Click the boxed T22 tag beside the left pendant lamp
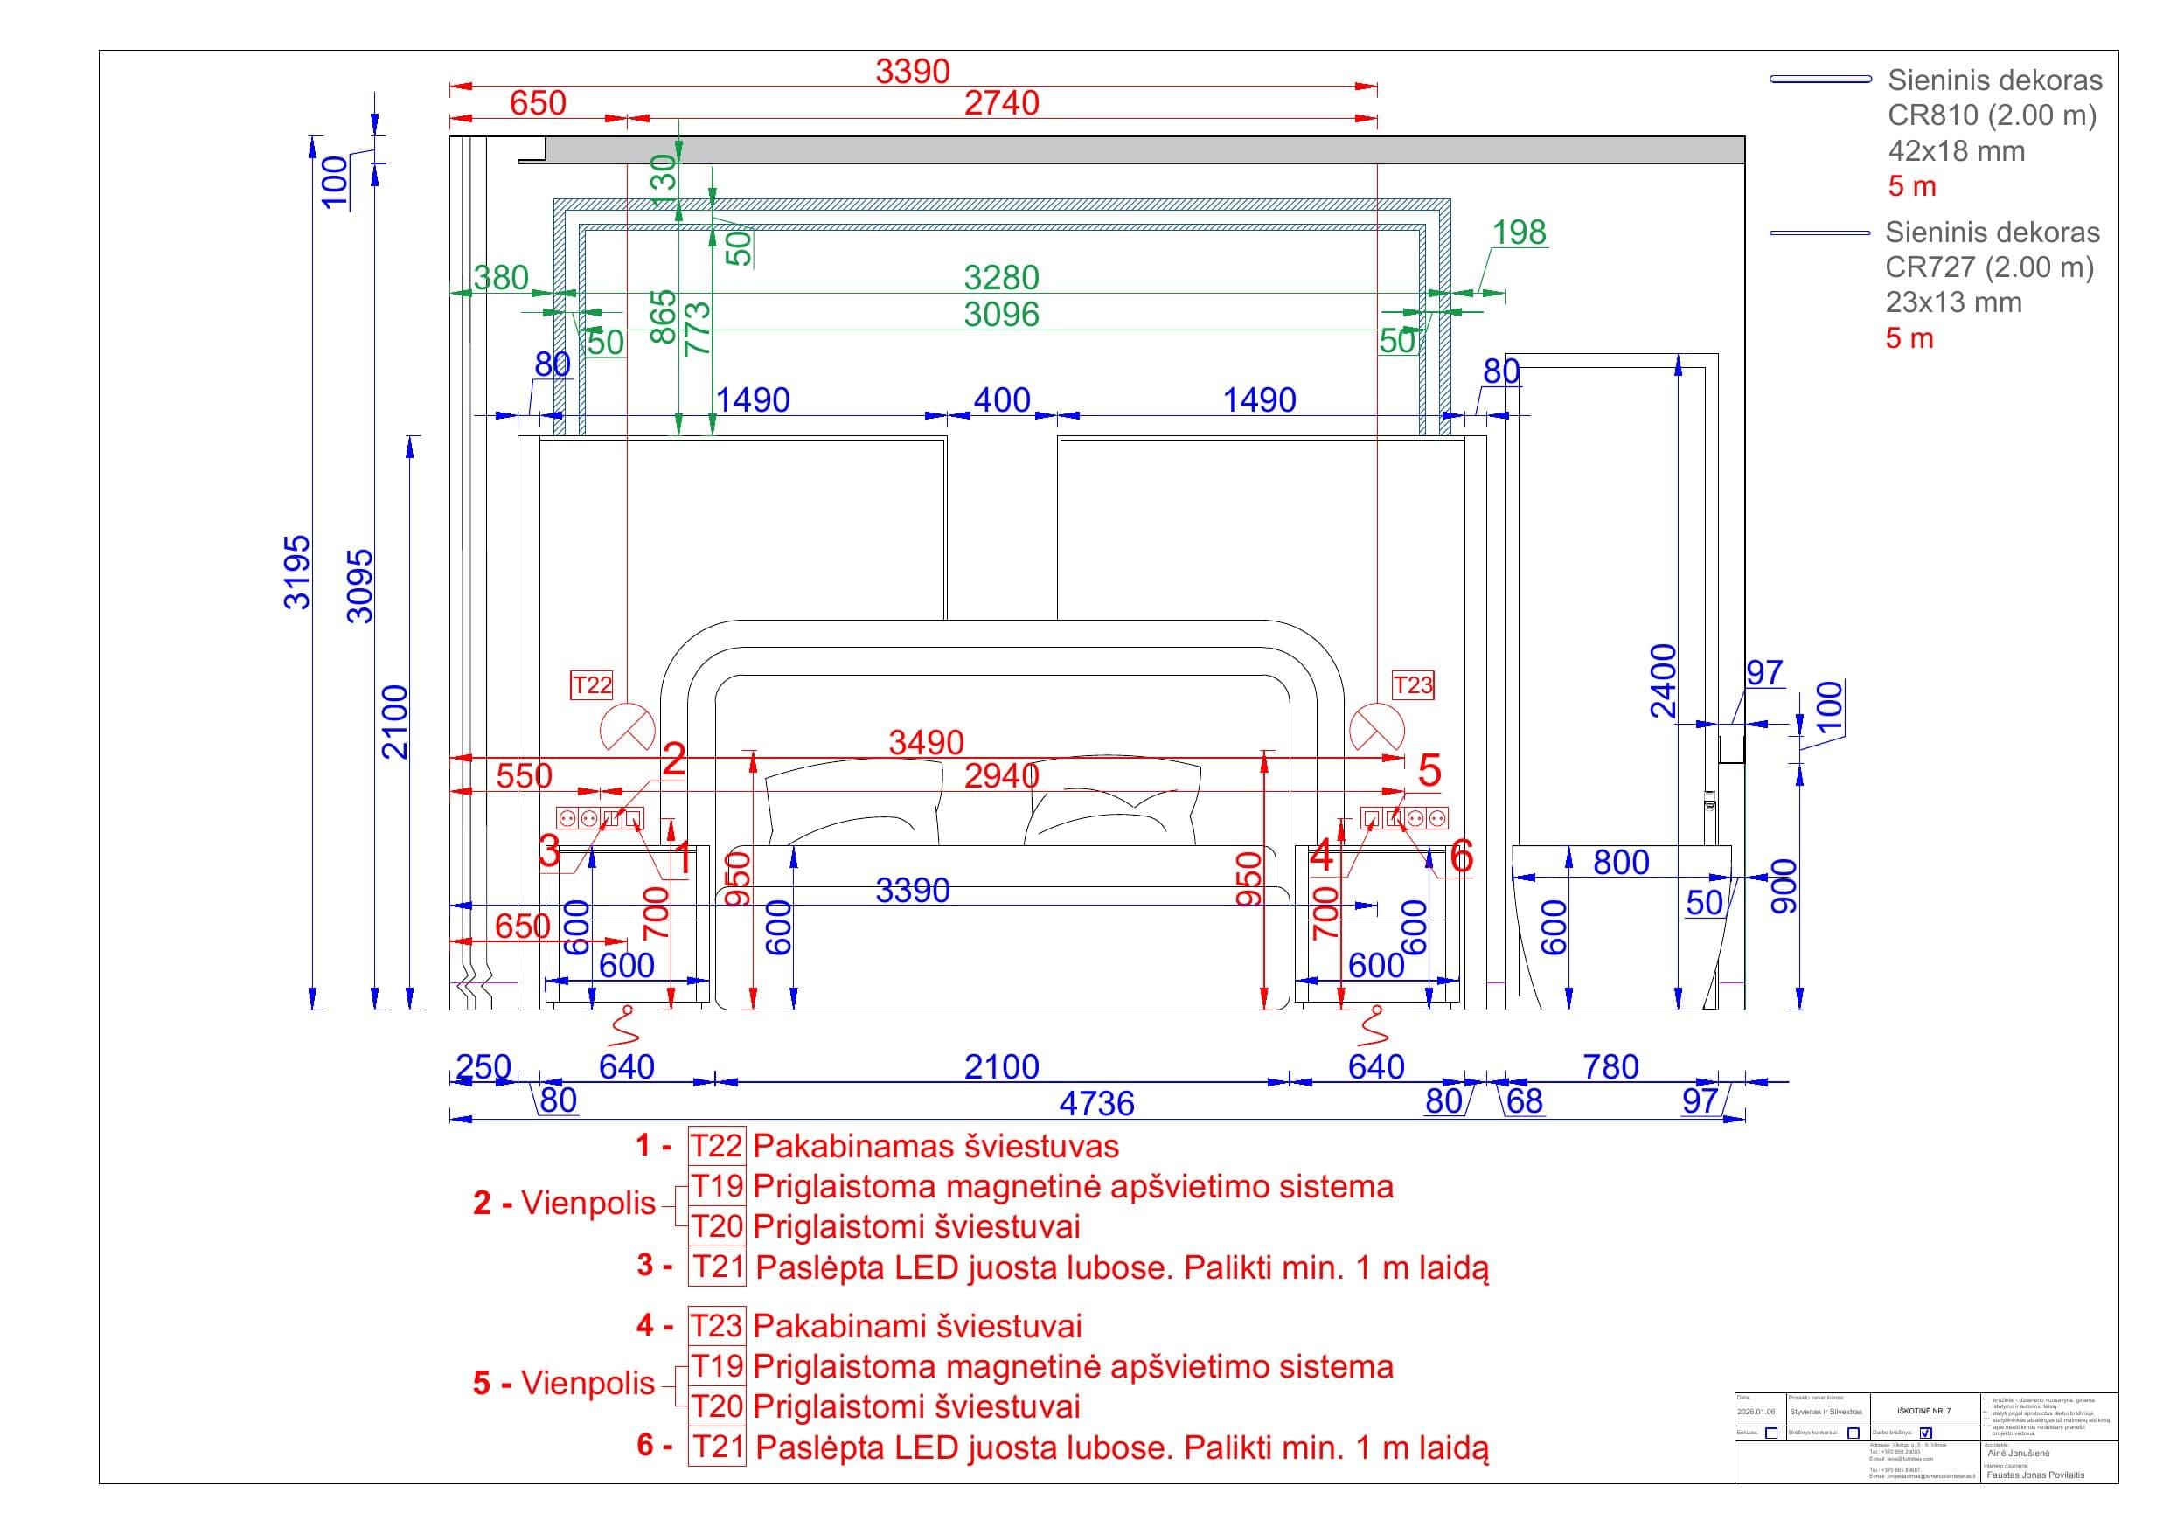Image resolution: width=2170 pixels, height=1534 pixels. coord(592,685)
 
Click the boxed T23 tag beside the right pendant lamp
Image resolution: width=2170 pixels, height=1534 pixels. coord(1412,685)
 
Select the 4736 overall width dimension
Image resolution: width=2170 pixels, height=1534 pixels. coord(1096,1103)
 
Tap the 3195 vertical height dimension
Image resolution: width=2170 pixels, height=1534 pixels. coord(298,572)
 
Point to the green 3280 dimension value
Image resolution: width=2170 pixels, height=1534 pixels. coord(1001,278)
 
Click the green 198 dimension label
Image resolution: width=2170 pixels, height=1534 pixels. coord(1519,233)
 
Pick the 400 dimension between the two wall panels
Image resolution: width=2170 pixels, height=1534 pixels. coord(1001,400)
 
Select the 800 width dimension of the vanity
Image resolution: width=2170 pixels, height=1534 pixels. coord(1621,862)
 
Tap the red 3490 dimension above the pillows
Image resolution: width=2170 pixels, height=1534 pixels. coord(926,743)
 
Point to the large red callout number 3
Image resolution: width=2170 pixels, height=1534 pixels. coord(549,851)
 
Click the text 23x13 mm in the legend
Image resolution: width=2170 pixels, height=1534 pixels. coord(1953,302)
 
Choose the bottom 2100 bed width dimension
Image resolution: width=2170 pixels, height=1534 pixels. coord(1001,1067)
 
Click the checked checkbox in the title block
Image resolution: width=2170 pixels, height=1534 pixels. coord(1926,1433)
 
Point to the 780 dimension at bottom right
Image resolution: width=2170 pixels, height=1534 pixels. coord(1610,1067)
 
